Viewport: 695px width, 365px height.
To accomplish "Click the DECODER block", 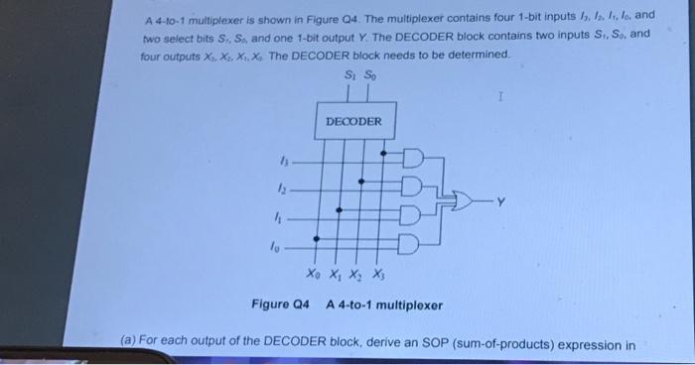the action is pyautogui.click(x=353, y=120).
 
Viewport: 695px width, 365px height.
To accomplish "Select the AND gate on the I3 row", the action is pyautogui.click(x=411, y=159).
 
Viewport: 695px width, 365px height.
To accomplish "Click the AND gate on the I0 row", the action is pyautogui.click(x=411, y=242).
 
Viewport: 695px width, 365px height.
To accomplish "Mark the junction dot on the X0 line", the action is pyautogui.click(x=318, y=238).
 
